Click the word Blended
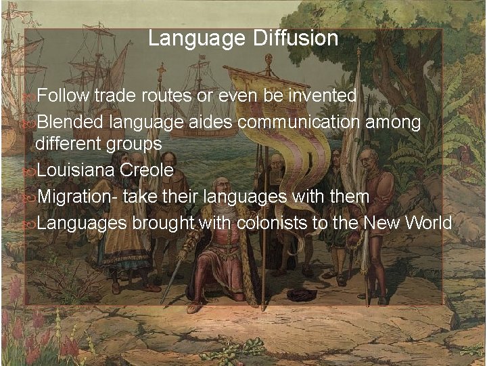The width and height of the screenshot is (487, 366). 70,123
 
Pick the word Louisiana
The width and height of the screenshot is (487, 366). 76,170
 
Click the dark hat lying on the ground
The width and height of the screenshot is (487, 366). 301,294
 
